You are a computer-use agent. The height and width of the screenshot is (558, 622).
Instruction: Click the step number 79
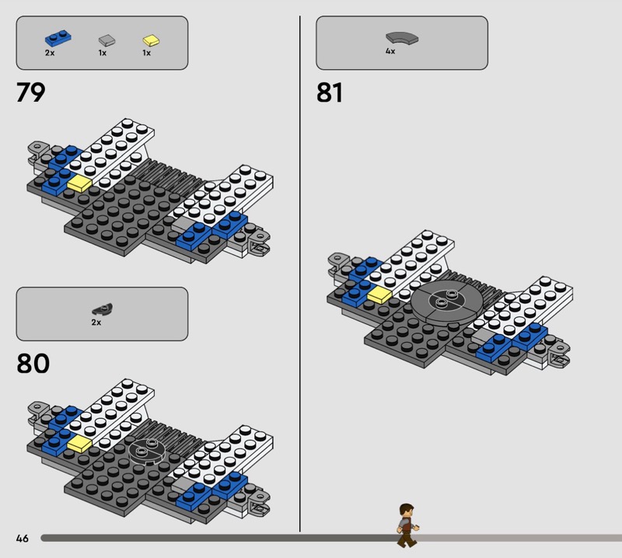coord(30,92)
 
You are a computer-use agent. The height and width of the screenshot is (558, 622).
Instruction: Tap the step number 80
coord(33,363)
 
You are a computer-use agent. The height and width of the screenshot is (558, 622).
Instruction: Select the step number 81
coord(329,92)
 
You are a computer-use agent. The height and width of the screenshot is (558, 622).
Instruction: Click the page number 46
coord(23,538)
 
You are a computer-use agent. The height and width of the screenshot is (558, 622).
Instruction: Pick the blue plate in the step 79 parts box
coord(58,38)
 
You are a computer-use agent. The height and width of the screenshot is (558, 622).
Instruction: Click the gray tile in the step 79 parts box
coord(107,40)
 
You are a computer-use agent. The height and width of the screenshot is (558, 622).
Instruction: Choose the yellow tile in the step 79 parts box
coord(151,40)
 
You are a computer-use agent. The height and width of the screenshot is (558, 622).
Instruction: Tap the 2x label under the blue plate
coord(50,53)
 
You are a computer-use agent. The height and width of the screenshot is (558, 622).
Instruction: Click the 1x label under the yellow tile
coord(146,53)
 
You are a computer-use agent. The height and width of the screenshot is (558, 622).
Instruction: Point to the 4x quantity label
coord(390,51)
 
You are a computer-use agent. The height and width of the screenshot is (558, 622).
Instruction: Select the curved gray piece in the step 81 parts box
coord(402,37)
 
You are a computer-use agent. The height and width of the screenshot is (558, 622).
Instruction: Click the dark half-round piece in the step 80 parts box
coord(103,309)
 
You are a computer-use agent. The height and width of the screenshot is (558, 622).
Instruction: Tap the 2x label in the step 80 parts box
coord(96,323)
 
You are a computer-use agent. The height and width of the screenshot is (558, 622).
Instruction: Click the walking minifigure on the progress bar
coord(407,525)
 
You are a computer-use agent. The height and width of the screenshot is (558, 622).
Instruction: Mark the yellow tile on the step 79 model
coord(80,184)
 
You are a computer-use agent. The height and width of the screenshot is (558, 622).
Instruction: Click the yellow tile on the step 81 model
coord(379,295)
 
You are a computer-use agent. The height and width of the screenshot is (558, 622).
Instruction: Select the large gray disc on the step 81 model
coord(447,302)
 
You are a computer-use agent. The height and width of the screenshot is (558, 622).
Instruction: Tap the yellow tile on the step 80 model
coord(80,444)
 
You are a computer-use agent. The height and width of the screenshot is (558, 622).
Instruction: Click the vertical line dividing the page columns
coord(300,274)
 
